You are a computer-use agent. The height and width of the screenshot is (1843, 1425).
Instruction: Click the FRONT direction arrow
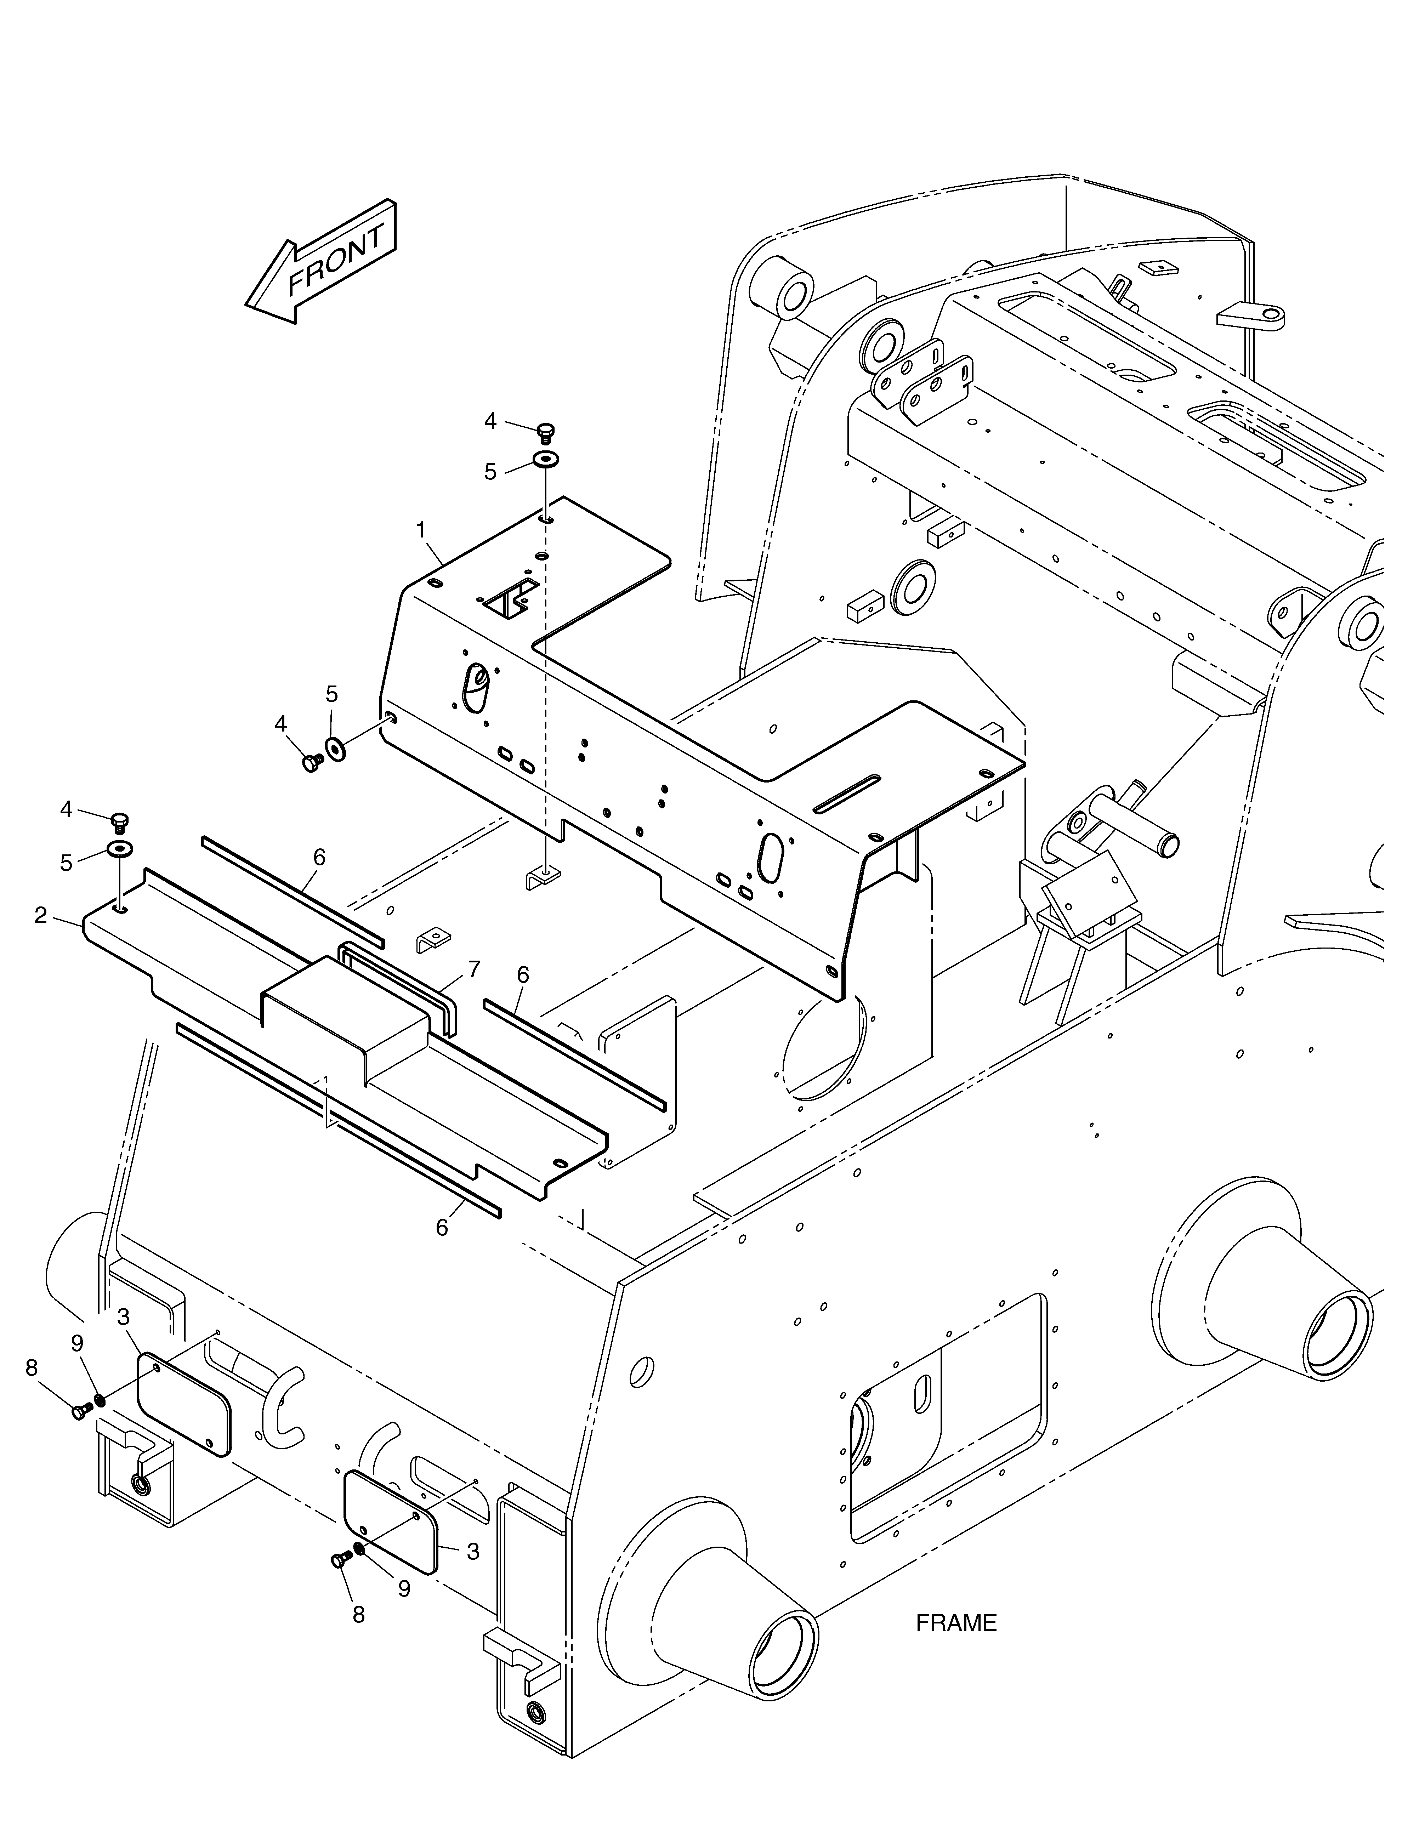pyautogui.click(x=321, y=262)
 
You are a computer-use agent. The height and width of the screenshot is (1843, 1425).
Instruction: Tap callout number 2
pyautogui.click(x=40, y=915)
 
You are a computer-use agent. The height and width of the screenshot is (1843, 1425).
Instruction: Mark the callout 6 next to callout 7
pyautogui.click(x=523, y=975)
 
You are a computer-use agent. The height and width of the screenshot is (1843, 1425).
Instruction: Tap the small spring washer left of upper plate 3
pyautogui.click(x=100, y=1401)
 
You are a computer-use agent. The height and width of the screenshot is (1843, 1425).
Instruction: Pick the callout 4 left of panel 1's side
pyautogui.click(x=281, y=723)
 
